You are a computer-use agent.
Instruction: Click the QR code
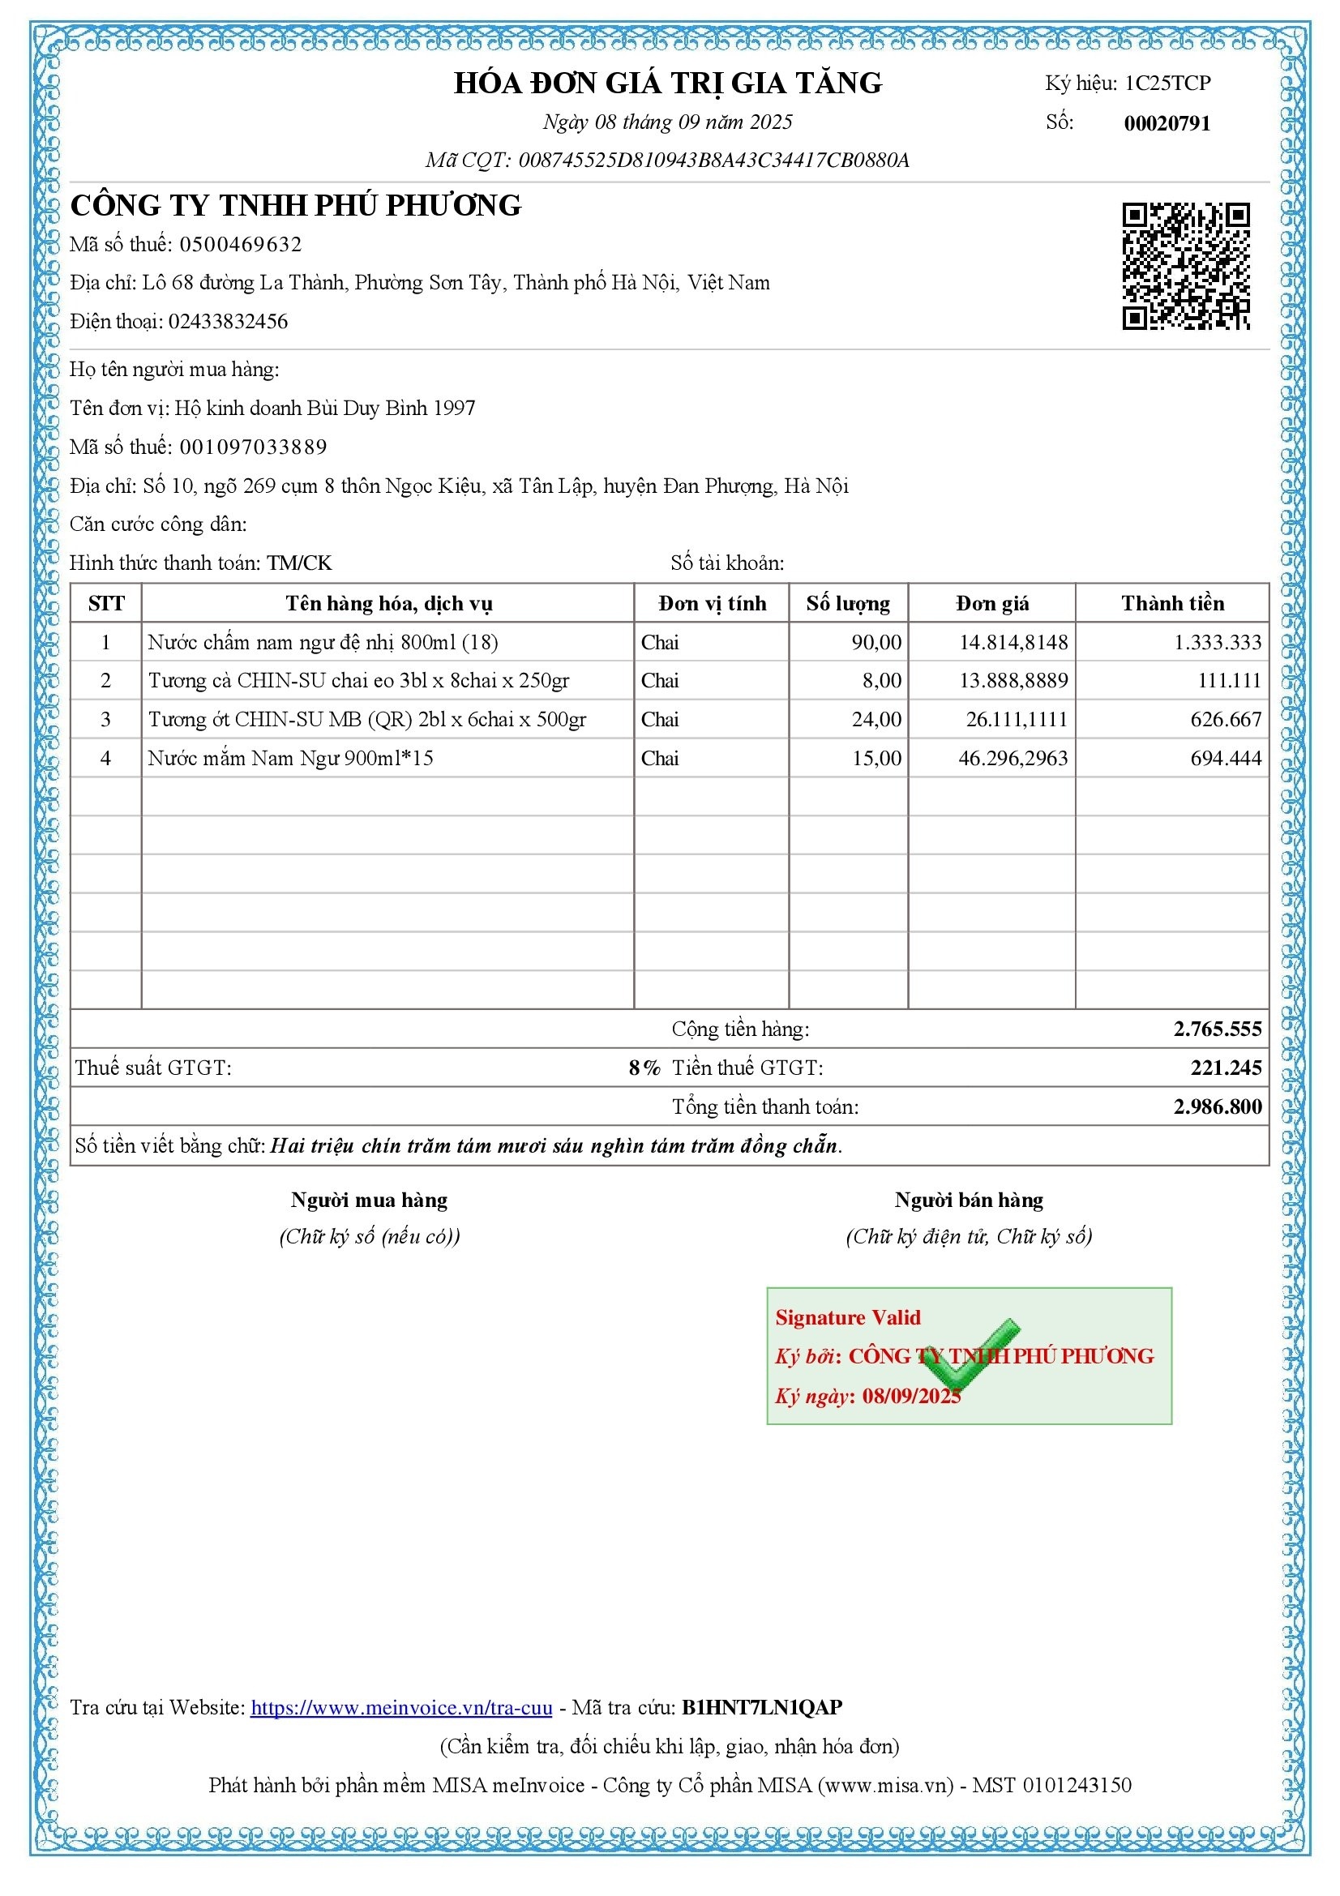tap(1185, 266)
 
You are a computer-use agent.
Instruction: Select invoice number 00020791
tap(1167, 123)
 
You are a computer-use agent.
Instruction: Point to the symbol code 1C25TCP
tap(1167, 83)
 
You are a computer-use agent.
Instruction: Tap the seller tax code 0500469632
tap(240, 245)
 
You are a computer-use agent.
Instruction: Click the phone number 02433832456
tap(228, 321)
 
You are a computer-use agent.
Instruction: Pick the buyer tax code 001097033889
tap(253, 447)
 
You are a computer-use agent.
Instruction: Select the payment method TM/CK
tap(299, 563)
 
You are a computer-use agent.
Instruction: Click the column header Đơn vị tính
tap(712, 604)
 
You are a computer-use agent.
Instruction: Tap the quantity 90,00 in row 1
tap(876, 643)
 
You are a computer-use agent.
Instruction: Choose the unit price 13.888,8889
tap(1013, 680)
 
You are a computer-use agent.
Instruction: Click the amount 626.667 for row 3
tap(1225, 719)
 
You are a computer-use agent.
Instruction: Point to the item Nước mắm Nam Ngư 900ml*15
tap(291, 758)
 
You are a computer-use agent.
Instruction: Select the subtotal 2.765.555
tap(1217, 1029)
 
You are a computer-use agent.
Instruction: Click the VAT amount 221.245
tap(1225, 1068)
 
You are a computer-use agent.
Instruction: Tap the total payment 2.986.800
tap(1217, 1106)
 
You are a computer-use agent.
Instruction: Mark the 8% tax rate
tap(644, 1068)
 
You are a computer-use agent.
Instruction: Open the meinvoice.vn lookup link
tap(401, 1707)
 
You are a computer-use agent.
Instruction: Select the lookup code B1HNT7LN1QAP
tap(761, 1707)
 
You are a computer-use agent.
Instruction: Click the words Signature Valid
tap(847, 1317)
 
